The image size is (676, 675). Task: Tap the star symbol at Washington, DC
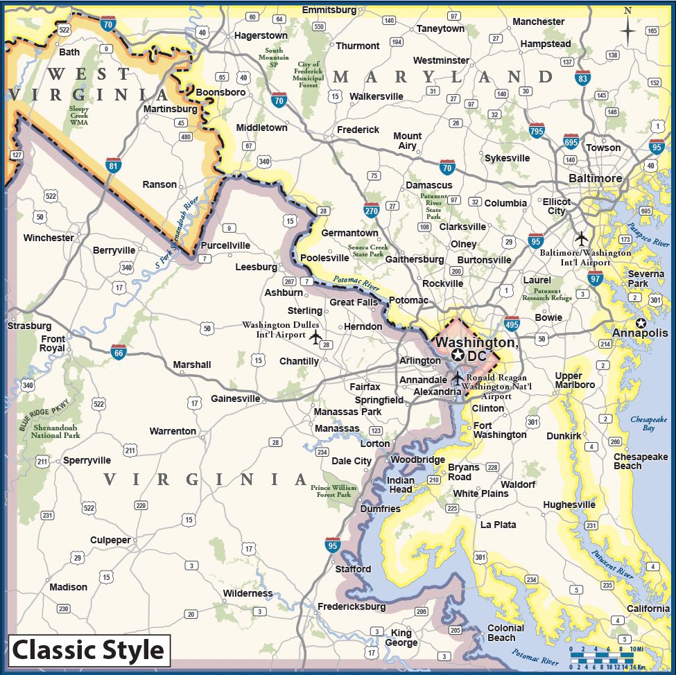pyautogui.click(x=458, y=356)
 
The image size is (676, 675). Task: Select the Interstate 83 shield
pyautogui.click(x=582, y=78)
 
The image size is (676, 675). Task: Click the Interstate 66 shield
pyautogui.click(x=119, y=353)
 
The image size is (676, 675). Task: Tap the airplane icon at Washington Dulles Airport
pyautogui.click(x=316, y=338)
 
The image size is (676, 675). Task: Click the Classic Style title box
pyautogui.click(x=88, y=651)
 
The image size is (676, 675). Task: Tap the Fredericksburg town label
pyautogui.click(x=352, y=606)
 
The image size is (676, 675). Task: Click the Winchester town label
pyautogui.click(x=49, y=238)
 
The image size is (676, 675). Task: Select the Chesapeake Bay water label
pyautogui.click(x=648, y=423)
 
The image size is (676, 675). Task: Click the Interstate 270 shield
pyautogui.click(x=371, y=210)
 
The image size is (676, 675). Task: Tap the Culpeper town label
pyautogui.click(x=110, y=540)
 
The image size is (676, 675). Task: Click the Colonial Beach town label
pyautogui.click(x=505, y=633)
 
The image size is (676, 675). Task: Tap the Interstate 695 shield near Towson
pyautogui.click(x=571, y=142)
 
